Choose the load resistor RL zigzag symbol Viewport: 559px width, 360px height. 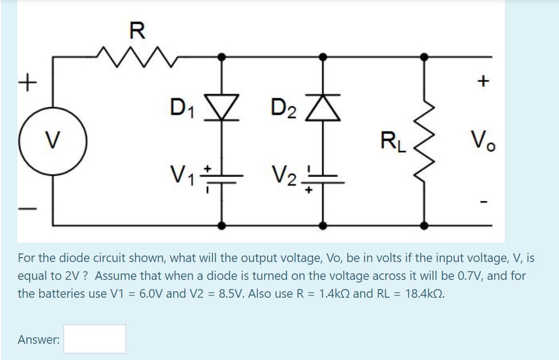click(424, 141)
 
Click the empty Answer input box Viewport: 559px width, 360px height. click(95, 339)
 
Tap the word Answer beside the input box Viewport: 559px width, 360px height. click(38, 339)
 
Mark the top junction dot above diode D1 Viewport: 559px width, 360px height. click(222, 56)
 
